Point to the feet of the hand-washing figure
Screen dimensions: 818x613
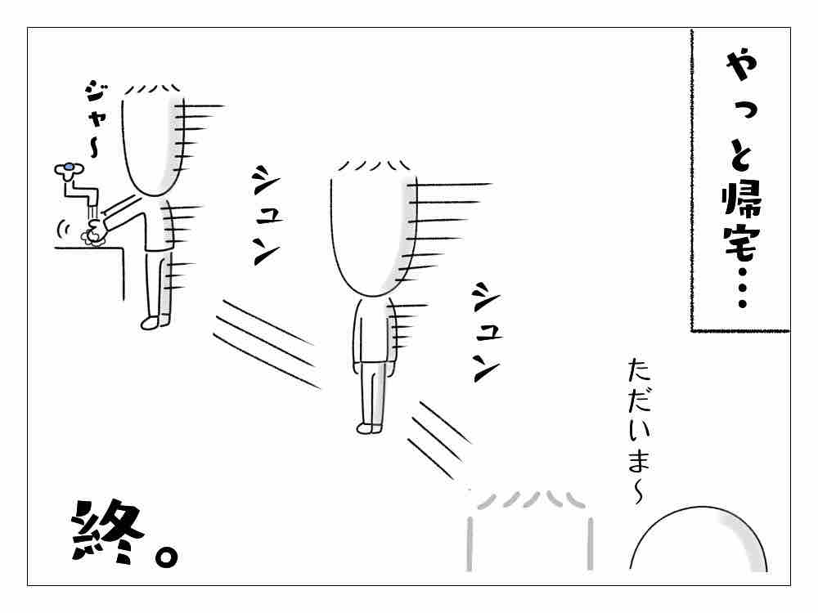tap(155, 322)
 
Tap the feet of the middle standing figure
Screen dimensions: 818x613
tap(370, 428)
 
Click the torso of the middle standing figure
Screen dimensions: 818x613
tap(372, 332)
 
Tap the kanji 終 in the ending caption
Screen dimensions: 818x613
tap(106, 532)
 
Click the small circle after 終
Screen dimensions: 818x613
tap(166, 556)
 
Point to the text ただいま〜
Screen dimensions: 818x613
tap(640, 431)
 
